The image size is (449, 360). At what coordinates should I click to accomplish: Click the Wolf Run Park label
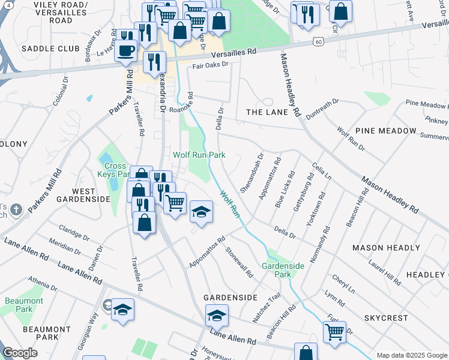click(x=199, y=155)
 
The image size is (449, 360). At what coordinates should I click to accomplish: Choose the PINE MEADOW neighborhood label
click(x=385, y=130)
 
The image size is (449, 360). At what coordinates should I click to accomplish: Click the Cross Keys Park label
click(x=115, y=170)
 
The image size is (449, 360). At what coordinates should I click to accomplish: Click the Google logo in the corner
click(x=20, y=353)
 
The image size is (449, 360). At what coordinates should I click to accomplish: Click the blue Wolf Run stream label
click(x=229, y=204)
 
